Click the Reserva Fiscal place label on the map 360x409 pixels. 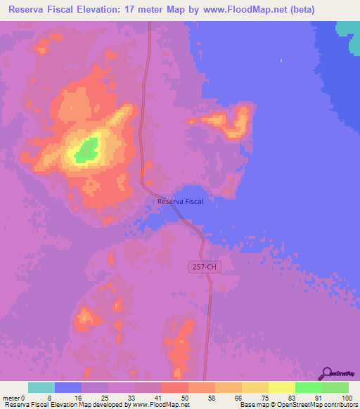click(x=181, y=202)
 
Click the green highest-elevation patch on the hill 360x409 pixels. click(x=86, y=150)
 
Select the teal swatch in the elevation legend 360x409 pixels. click(x=41, y=387)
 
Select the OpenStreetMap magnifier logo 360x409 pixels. click(x=326, y=373)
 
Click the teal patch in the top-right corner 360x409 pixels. click(x=347, y=27)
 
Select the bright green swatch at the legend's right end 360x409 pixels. click(x=335, y=387)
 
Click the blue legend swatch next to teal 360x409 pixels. click(x=68, y=387)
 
